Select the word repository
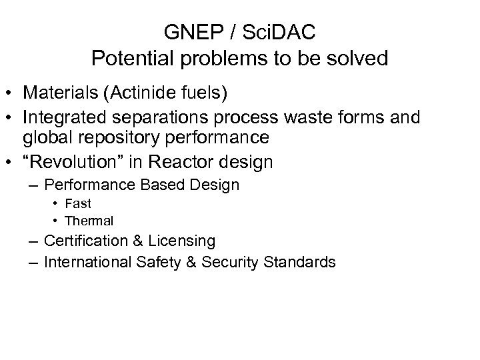[x=123, y=137]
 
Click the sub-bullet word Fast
[x=79, y=203]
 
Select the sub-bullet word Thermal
[x=89, y=220]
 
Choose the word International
[x=90, y=262]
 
